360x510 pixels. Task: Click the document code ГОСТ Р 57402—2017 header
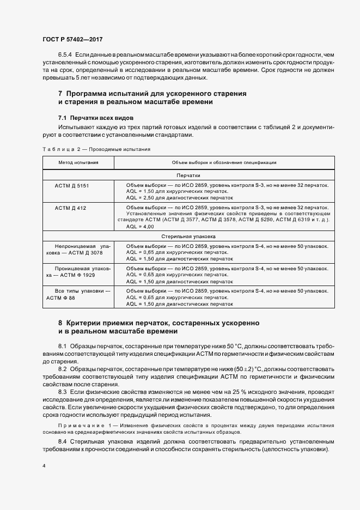pos(72,40)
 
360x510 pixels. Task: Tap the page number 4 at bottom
pos(44,466)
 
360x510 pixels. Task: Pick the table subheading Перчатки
pos(188,175)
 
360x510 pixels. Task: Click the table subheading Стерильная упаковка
pos(188,237)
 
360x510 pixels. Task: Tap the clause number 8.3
pos(62,392)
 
